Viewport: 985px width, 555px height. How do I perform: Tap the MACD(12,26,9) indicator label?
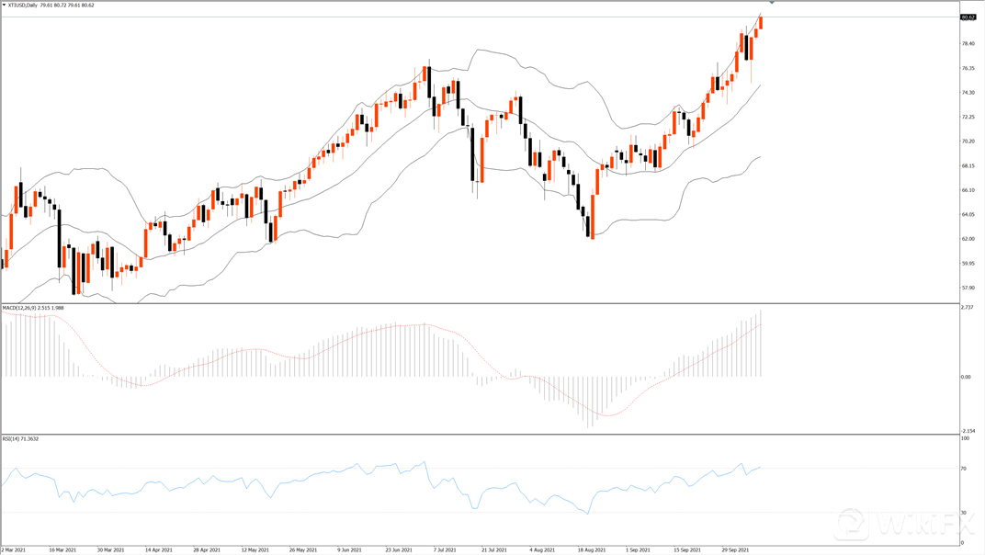point(20,308)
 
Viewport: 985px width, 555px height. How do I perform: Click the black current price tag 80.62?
point(968,17)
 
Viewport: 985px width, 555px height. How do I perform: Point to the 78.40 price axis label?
point(968,43)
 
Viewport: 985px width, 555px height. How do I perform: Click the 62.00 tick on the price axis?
point(968,239)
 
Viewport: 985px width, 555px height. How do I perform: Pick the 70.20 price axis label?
point(968,142)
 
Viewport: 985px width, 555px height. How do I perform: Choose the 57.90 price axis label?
point(968,288)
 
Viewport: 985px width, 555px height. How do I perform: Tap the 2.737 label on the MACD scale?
point(967,308)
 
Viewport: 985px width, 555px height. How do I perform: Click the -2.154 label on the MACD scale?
point(968,430)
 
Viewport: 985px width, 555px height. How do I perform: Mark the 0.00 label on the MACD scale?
point(966,378)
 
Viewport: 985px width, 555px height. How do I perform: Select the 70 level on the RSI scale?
point(964,469)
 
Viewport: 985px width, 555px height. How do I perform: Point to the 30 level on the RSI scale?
point(964,513)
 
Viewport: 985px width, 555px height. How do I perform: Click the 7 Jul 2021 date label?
point(447,549)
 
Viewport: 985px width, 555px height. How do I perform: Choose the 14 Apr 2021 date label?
point(160,549)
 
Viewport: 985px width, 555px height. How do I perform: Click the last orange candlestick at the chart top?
point(760,22)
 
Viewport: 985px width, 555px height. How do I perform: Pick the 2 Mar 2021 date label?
point(14,549)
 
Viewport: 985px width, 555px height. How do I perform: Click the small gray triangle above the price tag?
point(772,4)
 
